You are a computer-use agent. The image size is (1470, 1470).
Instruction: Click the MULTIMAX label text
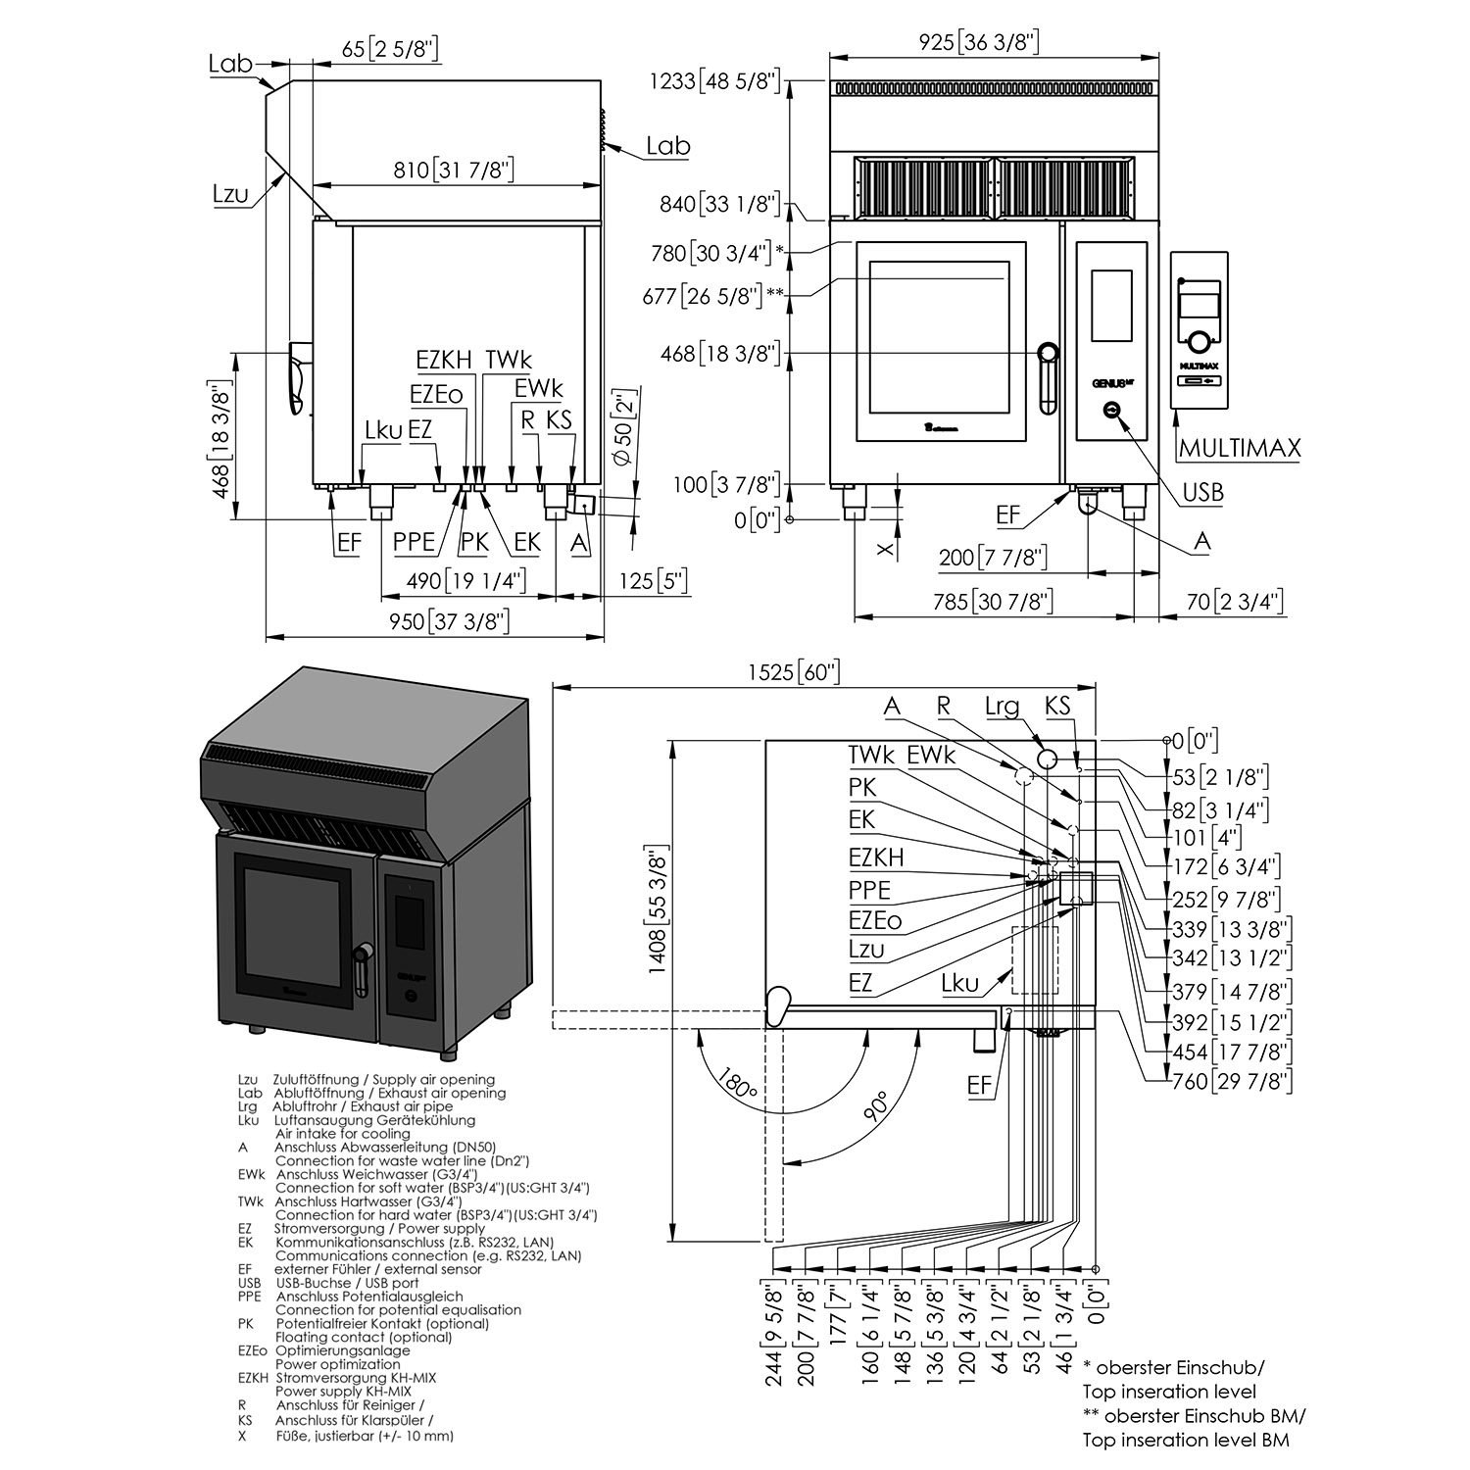pos(1239,448)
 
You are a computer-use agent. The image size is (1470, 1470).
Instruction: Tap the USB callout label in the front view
pos(1202,492)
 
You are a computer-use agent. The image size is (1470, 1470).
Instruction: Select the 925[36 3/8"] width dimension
pos(978,42)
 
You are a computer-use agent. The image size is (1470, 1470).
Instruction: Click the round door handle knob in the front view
pos(1048,352)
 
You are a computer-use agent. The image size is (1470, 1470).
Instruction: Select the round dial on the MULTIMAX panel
pos(1198,342)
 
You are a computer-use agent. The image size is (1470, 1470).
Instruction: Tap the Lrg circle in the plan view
pos(1046,759)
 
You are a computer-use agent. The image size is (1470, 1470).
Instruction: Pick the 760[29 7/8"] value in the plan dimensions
pos(1232,1082)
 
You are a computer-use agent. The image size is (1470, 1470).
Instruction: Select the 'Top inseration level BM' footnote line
pos(1186,1440)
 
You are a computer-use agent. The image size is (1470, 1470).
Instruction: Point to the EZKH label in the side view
pos(443,360)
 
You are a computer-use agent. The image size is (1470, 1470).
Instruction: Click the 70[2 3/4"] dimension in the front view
pos(1234,602)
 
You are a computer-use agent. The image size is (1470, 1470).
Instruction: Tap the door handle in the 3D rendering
pos(363,966)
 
